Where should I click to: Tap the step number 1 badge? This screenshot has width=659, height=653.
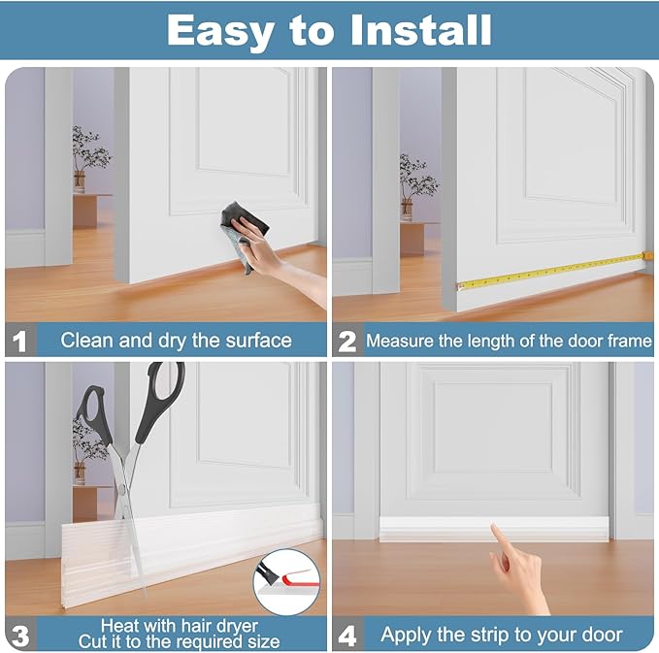19,341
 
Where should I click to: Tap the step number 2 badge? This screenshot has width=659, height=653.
347,341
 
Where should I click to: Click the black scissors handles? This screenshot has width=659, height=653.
131,408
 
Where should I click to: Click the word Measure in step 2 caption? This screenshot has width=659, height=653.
401,342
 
